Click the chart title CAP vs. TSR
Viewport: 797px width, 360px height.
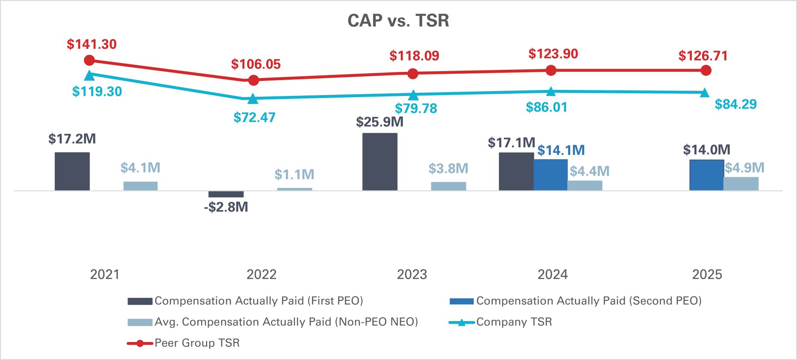pos(398,21)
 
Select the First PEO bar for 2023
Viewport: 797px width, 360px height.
pos(379,161)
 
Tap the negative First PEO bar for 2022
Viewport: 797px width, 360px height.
pos(226,194)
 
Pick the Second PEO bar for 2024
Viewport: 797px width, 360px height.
pos(551,175)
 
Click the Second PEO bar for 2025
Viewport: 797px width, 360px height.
pos(706,175)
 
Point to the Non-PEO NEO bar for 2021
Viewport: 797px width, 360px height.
pos(140,186)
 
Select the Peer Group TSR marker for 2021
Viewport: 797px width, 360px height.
pos(89,60)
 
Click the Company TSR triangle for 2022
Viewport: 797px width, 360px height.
pos(253,99)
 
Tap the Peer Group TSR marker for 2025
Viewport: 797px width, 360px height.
pos(706,70)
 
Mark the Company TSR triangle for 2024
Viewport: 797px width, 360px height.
pos(551,91)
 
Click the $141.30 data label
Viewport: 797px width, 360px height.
pos(92,44)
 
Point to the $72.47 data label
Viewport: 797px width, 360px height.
pos(254,117)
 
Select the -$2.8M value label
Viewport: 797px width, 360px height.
pos(226,207)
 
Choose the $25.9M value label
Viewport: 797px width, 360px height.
pos(379,122)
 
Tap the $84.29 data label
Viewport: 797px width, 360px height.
pos(735,104)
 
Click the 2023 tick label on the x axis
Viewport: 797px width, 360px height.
pos(412,274)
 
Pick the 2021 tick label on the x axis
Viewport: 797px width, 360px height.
pos(104,274)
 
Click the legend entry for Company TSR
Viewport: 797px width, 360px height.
pos(501,322)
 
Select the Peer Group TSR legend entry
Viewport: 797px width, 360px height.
pos(184,343)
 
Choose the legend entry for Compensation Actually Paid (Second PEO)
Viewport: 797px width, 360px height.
pos(575,301)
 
